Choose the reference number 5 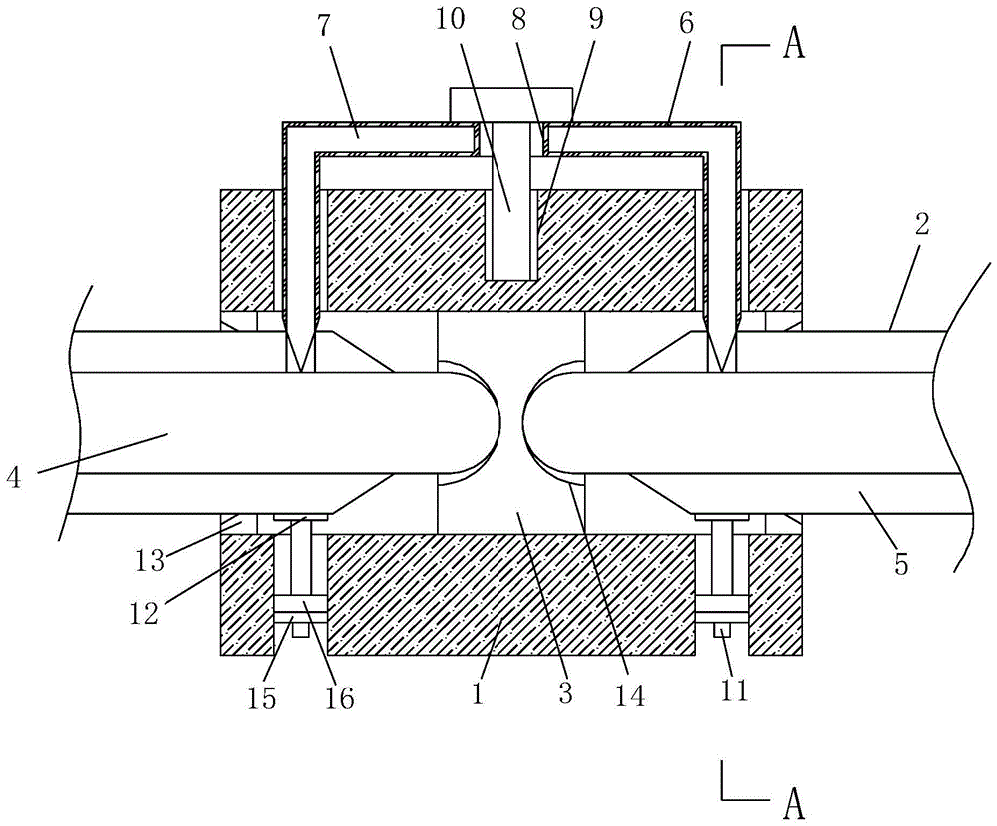pos(902,562)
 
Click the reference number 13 pos(151,562)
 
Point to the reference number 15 pos(262,698)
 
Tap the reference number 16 pos(339,698)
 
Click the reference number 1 pos(479,693)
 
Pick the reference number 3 pos(565,693)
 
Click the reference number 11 pos(734,690)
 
